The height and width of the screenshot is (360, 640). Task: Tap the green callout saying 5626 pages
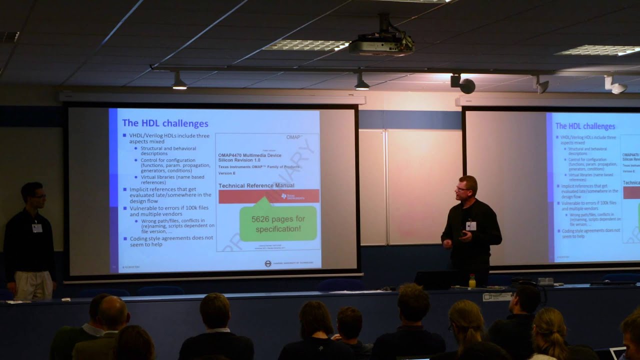coord(278,223)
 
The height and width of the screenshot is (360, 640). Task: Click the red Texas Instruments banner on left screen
coord(268,196)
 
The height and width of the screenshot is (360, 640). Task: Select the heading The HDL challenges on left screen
coord(165,123)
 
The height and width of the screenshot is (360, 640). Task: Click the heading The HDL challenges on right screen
coord(585,126)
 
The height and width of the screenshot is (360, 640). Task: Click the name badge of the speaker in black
coord(470,225)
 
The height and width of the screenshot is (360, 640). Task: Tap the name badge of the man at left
coord(37,228)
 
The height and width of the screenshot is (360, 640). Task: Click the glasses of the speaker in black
coord(461,188)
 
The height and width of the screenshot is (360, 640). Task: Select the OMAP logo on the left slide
coord(294,137)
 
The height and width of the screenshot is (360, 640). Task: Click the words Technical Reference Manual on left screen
coord(256,185)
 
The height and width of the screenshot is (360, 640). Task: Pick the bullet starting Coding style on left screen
coord(167,241)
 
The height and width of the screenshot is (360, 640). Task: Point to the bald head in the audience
coord(112,312)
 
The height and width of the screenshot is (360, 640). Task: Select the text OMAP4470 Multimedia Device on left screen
coord(249,155)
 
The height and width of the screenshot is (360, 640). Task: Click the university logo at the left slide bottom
coord(268,263)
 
